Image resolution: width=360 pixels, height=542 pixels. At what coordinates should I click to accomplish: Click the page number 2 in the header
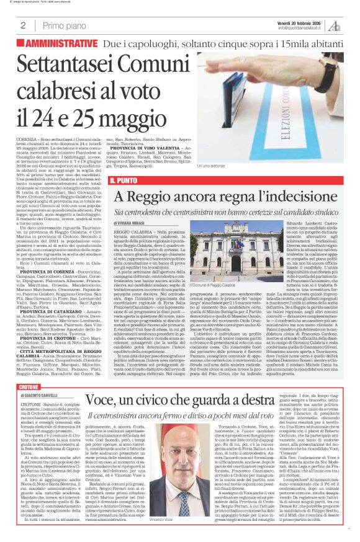[x=23, y=25]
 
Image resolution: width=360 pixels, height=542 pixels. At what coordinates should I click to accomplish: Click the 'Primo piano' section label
[x=63, y=25]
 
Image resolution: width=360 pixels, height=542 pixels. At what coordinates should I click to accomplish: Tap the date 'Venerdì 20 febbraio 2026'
[x=301, y=22]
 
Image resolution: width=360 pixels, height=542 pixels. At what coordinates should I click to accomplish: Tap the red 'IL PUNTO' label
[x=125, y=180]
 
